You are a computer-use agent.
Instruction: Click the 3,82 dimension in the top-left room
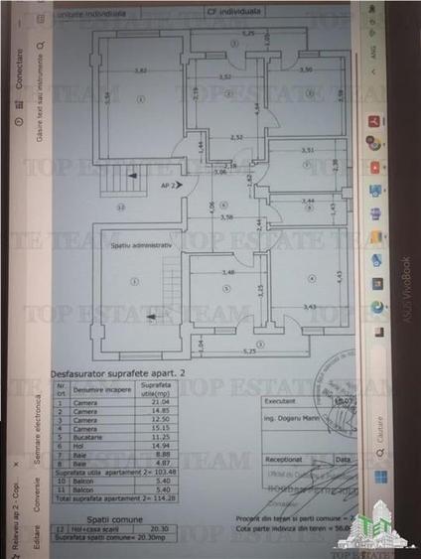tap(141, 70)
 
